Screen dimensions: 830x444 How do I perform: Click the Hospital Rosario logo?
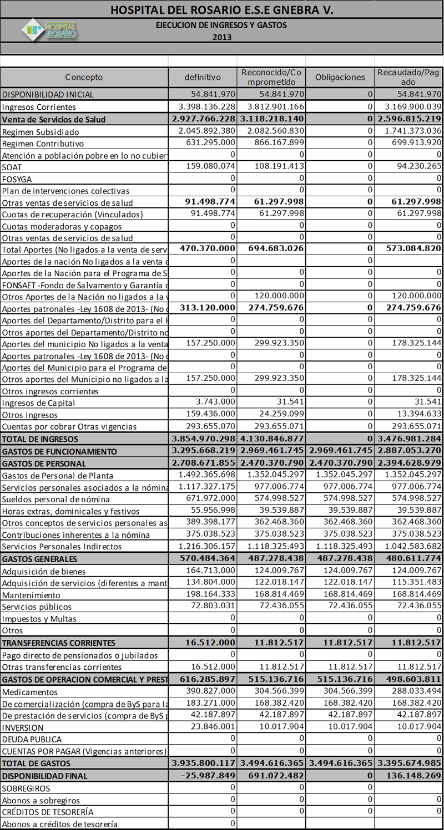tap(49, 31)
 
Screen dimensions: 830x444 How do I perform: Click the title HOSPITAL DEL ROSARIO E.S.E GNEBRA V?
tap(222, 10)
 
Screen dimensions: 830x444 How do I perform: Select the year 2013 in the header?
tap(222, 38)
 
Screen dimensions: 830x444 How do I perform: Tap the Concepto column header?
tap(84, 77)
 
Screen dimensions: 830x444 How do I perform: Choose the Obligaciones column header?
tap(340, 77)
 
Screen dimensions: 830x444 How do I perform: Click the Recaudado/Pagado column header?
tap(408, 77)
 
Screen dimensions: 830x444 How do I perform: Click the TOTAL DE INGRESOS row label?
tap(35, 439)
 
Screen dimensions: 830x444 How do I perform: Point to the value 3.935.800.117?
tap(204, 763)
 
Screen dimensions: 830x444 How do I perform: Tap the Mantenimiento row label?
tap(28, 594)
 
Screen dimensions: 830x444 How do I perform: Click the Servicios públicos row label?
tap(37, 607)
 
